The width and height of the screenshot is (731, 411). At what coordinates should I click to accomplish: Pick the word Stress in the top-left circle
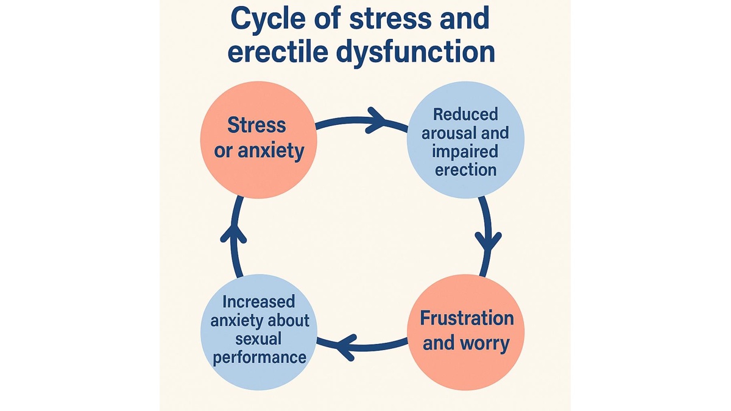click(256, 125)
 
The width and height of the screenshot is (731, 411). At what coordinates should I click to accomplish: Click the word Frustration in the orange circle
click(467, 318)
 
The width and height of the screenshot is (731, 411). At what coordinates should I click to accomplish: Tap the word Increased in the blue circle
click(258, 302)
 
